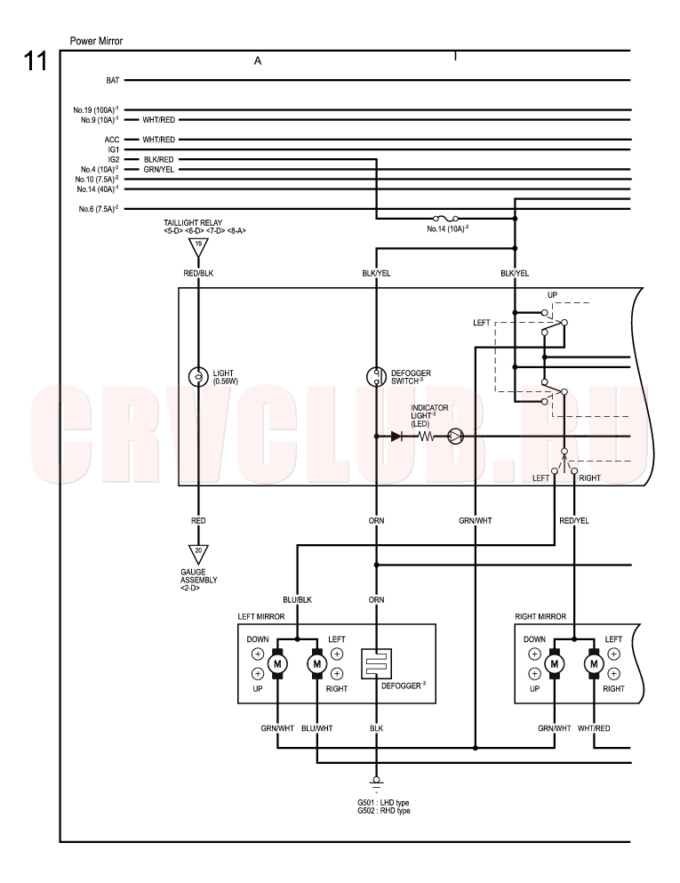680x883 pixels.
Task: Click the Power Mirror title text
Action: (x=96, y=41)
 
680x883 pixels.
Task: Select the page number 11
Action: (x=35, y=60)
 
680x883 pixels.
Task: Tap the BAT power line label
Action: (x=113, y=81)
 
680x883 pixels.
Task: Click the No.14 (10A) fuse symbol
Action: (x=445, y=218)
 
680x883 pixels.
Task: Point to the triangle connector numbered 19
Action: (x=198, y=247)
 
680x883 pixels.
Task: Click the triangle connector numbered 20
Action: (x=198, y=554)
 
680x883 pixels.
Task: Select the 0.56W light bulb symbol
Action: (x=198, y=376)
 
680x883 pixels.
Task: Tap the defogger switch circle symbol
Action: (x=376, y=376)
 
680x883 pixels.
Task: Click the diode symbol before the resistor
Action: (x=396, y=436)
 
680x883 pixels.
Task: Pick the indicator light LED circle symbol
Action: (x=455, y=436)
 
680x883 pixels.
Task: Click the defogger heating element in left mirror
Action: (x=376, y=664)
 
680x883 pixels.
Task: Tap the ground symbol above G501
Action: (x=376, y=783)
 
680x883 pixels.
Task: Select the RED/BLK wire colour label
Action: (x=198, y=273)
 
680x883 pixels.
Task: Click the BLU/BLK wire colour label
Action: (x=297, y=599)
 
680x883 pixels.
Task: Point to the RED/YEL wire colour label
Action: (x=574, y=521)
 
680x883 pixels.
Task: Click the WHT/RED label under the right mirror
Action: (x=594, y=728)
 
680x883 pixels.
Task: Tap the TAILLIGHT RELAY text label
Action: (x=193, y=222)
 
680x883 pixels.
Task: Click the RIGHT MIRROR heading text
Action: (x=540, y=616)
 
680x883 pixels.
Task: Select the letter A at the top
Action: (x=258, y=60)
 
